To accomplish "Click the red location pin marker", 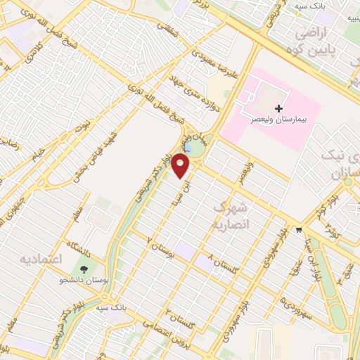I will pyautogui.click(x=181, y=166).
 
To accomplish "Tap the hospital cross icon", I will pyautogui.click(x=279, y=108).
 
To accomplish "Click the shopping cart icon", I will pyautogui.click(x=300, y=229).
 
